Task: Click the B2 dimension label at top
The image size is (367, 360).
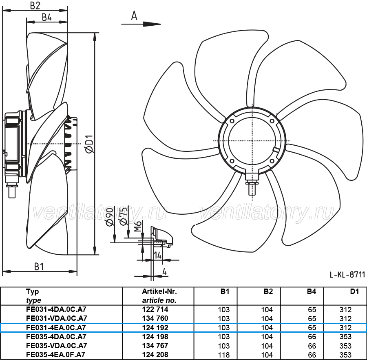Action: click(35, 5)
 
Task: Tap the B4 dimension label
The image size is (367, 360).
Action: click(46, 17)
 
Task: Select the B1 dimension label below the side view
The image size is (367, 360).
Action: click(39, 267)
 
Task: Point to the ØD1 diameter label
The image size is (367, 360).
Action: click(89, 144)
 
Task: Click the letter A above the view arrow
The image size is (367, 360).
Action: click(134, 16)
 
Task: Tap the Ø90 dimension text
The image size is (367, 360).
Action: click(110, 217)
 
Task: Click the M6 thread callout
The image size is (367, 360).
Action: click(138, 226)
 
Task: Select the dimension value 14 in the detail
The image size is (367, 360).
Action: click(158, 255)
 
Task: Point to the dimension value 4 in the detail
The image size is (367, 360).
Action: click(164, 271)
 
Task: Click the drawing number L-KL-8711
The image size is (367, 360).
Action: click(347, 275)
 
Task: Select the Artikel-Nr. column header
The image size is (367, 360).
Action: click(159, 291)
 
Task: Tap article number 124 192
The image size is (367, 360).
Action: click(155, 327)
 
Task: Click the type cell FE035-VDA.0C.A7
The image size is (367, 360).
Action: click(57, 345)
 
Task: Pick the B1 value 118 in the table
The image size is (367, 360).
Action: click(224, 355)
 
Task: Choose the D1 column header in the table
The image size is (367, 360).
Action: click(354, 291)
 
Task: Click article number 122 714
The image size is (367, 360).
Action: click(155, 309)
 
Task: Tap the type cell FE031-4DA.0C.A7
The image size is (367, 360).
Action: click(56, 309)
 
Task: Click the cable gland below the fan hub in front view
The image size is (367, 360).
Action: click(252, 183)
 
